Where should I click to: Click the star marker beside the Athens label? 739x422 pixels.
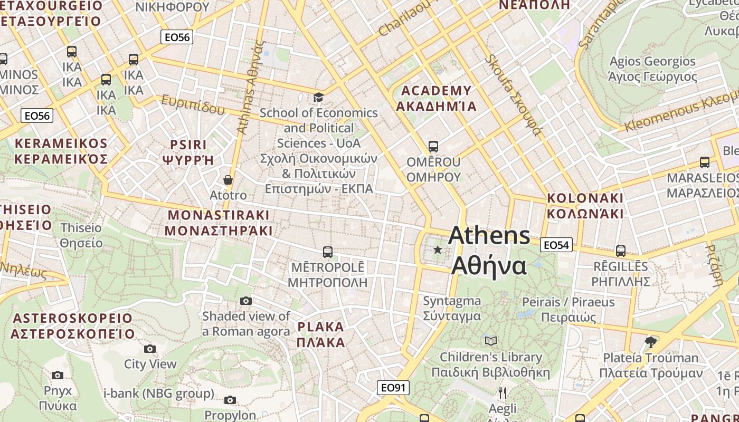(x=438, y=250)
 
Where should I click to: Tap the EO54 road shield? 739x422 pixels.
(x=556, y=245)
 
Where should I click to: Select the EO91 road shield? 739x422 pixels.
(x=393, y=388)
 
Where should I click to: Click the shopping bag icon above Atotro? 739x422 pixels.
(x=228, y=180)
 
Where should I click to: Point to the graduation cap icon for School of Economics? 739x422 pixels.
(x=318, y=97)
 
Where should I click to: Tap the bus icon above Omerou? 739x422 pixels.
(x=433, y=146)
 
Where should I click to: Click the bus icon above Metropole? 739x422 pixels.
(x=328, y=252)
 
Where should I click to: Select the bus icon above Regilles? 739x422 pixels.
(x=621, y=251)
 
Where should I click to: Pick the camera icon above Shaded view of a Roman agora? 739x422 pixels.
(x=246, y=301)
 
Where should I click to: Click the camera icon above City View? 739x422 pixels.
(x=150, y=349)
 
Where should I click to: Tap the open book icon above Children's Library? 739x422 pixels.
(x=491, y=341)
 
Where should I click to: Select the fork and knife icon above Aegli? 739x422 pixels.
(x=503, y=392)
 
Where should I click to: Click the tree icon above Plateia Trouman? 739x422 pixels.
(x=651, y=342)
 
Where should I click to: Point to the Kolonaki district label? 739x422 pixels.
(x=585, y=206)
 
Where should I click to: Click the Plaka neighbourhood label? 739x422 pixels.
(x=320, y=334)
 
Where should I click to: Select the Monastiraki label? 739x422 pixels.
(x=219, y=223)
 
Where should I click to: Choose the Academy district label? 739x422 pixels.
(x=436, y=98)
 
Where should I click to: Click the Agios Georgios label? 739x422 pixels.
(x=652, y=69)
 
